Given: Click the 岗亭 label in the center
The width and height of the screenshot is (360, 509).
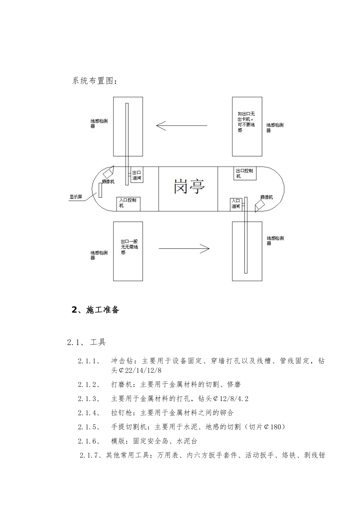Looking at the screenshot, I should [x=189, y=187].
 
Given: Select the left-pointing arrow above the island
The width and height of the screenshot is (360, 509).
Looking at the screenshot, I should [x=182, y=125].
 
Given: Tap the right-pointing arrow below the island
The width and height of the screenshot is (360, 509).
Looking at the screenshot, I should [x=184, y=249].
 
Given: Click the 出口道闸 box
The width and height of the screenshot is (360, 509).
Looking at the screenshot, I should [x=137, y=175].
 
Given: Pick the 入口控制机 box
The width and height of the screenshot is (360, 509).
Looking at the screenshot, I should [x=128, y=203].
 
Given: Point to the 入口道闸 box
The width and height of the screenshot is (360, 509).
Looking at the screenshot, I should [x=236, y=204].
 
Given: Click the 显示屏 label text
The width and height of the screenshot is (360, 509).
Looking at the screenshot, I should [x=76, y=197].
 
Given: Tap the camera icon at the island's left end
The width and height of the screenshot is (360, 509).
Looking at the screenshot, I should [x=108, y=173].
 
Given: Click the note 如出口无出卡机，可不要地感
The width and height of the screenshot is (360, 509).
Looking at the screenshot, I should [x=246, y=122].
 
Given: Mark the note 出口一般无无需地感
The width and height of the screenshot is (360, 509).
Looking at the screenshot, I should [x=129, y=247].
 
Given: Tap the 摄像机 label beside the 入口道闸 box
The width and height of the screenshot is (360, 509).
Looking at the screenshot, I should [x=266, y=197].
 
